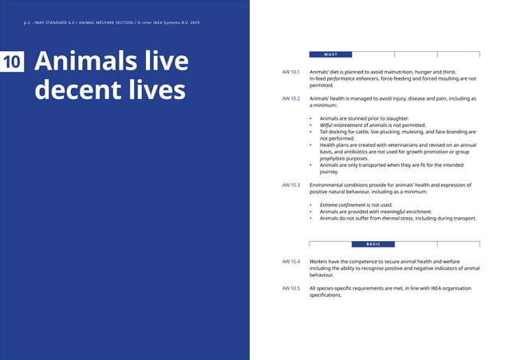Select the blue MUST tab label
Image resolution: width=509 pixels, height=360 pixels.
[x=331, y=54]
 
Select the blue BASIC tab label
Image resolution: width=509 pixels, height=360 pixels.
[x=373, y=243]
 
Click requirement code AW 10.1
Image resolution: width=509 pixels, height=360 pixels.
[x=290, y=72]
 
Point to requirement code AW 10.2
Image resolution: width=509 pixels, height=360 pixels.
[x=290, y=98]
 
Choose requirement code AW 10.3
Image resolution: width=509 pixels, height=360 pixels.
[x=290, y=184]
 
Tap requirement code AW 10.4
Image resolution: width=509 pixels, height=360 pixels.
[x=290, y=261]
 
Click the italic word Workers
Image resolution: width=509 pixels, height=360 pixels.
[x=320, y=261]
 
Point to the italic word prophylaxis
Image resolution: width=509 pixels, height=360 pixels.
[x=336, y=158]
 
